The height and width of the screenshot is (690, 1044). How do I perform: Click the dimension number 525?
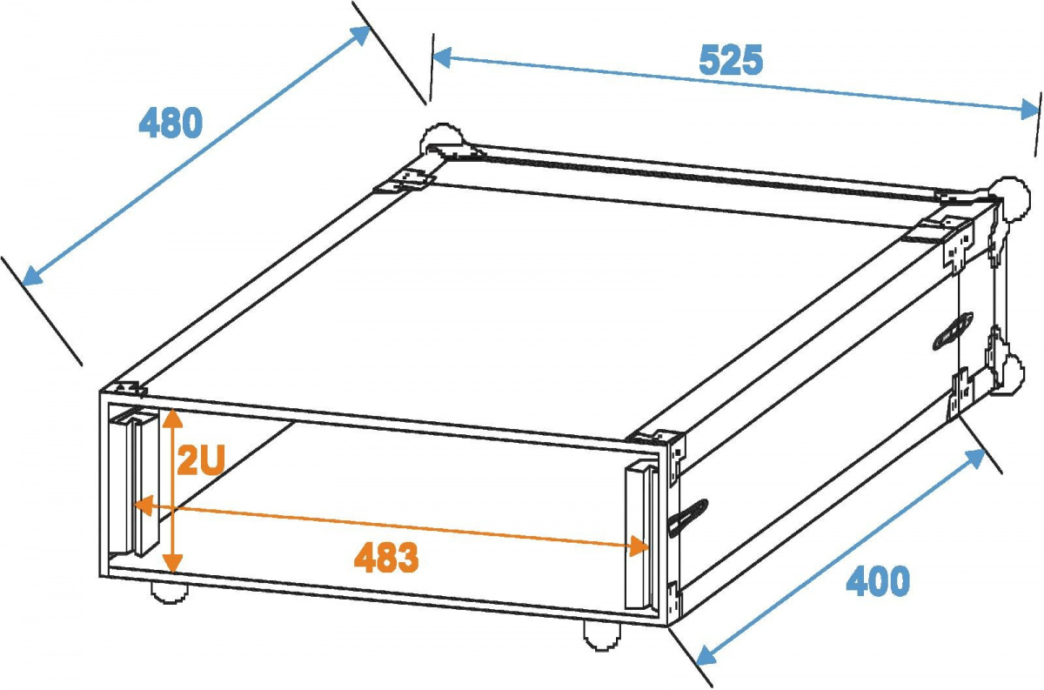[x=730, y=61]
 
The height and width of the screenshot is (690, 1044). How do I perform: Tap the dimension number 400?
[x=878, y=581]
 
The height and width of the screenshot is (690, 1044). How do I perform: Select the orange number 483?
[x=386, y=558]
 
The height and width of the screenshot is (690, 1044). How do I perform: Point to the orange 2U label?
[x=201, y=461]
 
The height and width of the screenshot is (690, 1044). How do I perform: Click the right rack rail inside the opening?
[x=639, y=536]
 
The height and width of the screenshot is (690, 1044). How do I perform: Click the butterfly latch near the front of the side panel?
[x=687, y=519]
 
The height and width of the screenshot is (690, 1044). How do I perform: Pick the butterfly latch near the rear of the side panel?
[x=949, y=332]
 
